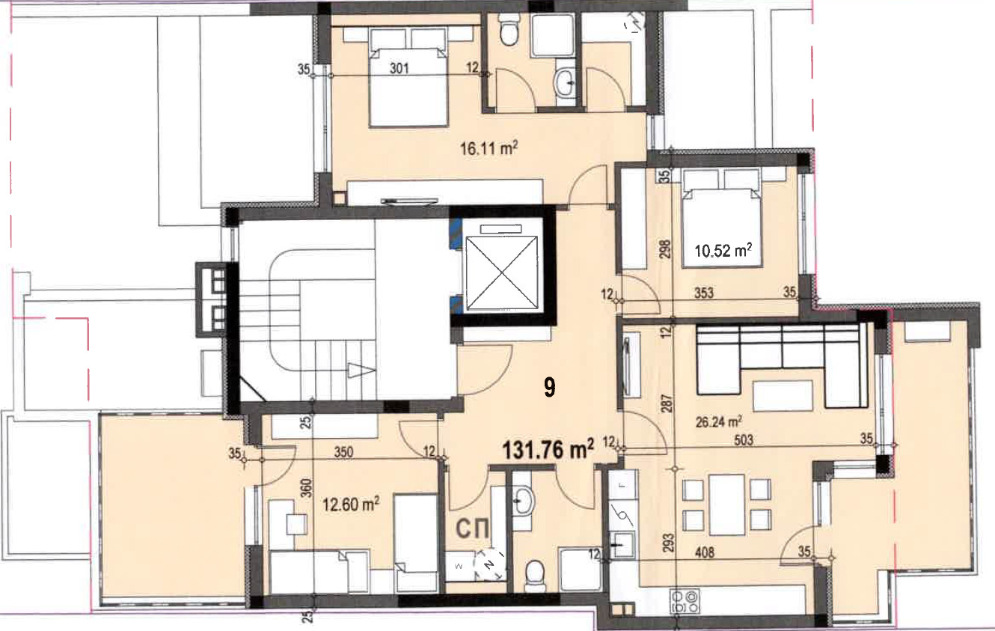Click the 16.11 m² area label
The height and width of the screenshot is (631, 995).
[489, 148]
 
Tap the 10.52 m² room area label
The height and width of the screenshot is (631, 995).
[723, 251]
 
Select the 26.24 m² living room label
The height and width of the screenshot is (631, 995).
[719, 421]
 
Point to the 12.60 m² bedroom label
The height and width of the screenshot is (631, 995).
[351, 505]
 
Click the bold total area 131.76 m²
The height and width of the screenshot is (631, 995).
[548, 449]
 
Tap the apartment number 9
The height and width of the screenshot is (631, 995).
[549, 388]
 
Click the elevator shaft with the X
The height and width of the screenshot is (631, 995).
[500, 272]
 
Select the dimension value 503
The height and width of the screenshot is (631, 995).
[744, 440]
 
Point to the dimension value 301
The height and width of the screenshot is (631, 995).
[399, 68]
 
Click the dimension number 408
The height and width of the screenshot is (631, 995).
[705, 552]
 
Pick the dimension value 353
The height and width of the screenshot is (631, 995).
[704, 293]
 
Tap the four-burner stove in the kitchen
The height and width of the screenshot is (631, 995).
[685, 602]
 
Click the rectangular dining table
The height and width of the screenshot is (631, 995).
[726, 505]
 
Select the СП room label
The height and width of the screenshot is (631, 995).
[473, 528]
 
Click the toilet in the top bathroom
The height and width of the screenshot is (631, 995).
[507, 30]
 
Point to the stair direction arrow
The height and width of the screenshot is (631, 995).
[361, 371]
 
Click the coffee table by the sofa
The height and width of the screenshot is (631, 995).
[783, 395]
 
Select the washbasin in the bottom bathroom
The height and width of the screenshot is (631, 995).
[524, 501]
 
